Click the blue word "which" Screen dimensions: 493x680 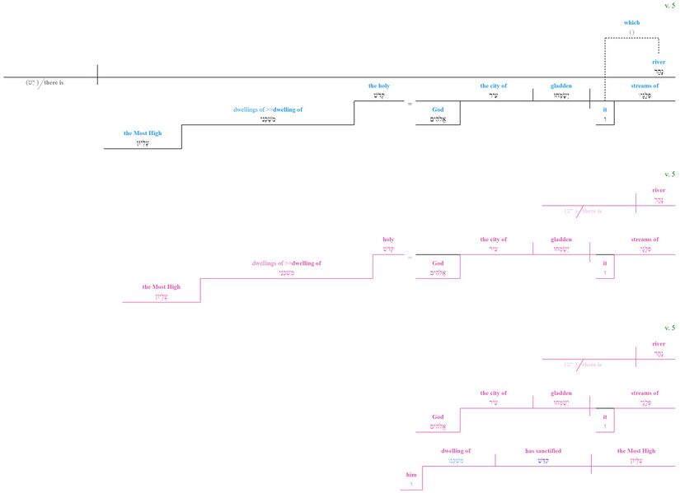pos(631,22)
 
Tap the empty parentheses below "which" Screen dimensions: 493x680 pos(631,32)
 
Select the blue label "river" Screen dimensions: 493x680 pos(658,62)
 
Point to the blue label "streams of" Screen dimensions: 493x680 pos(645,86)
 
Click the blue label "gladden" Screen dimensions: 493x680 pos(561,86)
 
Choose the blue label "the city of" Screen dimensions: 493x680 pos(494,86)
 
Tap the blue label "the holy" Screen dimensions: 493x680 pos(380,86)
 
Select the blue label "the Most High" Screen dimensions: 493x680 pos(143,133)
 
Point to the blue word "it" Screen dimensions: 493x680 pos(605,109)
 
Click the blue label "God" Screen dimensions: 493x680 pos(438,109)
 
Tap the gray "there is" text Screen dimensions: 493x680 pos(51,82)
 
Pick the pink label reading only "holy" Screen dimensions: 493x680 pos(388,240)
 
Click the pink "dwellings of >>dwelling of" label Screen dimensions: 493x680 pos(286,263)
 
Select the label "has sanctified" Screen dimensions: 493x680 pos(543,451)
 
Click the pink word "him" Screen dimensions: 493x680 pos(411,475)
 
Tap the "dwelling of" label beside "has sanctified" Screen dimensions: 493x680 pos(456,451)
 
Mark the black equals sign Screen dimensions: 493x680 pos(410,104)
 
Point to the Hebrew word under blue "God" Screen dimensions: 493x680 pos(438,119)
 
